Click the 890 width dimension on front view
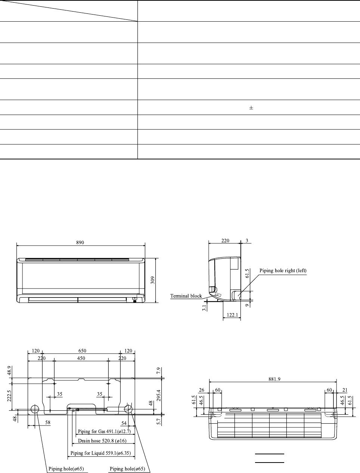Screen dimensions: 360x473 click(80, 242)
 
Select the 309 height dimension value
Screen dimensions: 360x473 click(153, 280)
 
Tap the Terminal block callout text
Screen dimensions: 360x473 click(186, 296)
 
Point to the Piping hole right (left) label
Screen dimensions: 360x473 click(283, 271)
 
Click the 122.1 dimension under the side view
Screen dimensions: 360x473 click(232, 315)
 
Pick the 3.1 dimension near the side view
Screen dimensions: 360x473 click(204, 308)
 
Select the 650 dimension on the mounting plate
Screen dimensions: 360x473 click(82, 351)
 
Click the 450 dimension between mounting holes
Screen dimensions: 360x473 click(81, 358)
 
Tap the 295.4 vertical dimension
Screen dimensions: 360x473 click(159, 395)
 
